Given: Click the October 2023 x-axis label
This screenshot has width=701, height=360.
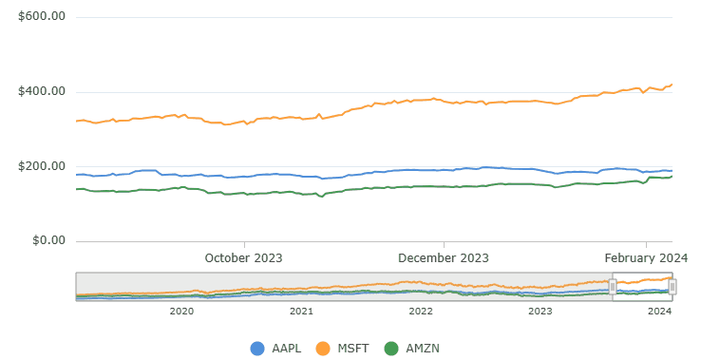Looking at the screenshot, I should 244,257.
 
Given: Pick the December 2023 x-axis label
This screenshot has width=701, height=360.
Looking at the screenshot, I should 443,257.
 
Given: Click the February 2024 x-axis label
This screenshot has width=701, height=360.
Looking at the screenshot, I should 646,257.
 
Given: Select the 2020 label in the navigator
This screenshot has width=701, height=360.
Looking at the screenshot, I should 181,311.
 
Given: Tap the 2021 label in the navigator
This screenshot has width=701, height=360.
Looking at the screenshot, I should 301,311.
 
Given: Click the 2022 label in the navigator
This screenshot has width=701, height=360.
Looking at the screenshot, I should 421,311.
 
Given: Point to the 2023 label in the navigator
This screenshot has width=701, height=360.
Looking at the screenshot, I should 540,311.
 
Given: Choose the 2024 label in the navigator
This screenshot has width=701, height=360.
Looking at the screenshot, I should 660,311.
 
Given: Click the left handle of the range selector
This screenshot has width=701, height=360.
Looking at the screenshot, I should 613,286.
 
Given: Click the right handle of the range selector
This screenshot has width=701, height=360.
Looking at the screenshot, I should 672,286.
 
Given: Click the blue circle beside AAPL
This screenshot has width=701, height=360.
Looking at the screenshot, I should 257,349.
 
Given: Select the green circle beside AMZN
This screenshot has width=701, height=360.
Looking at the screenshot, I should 390,349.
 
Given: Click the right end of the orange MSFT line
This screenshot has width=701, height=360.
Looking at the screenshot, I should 672,85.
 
